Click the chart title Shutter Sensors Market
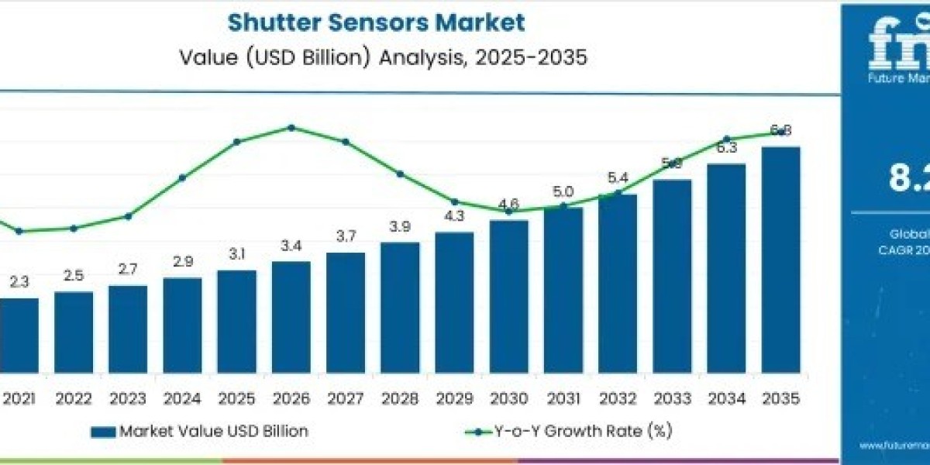[x=376, y=22]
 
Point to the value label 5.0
[x=563, y=192]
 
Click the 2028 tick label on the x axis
[x=400, y=398]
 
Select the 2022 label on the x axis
[x=74, y=398]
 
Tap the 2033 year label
[x=671, y=398]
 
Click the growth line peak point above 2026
[x=291, y=127]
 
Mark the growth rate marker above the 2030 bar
[x=508, y=211]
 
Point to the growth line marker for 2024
[x=182, y=177]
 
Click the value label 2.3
[x=19, y=283]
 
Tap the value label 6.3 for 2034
[x=726, y=148]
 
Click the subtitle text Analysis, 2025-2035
[x=480, y=59]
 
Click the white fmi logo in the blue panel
[x=899, y=43]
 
